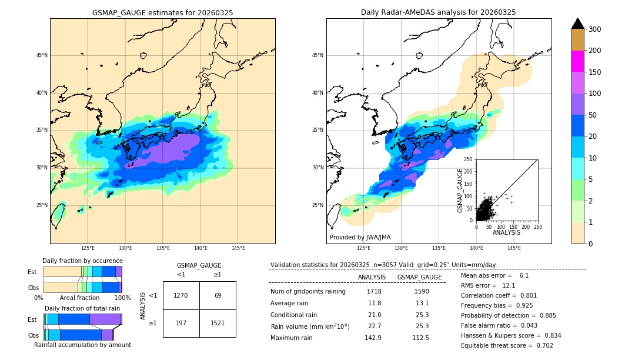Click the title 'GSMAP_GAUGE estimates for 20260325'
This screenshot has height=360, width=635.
pos(162,12)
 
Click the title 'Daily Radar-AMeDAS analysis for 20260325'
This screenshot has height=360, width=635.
pos(438,12)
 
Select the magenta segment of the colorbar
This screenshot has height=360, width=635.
pos(577,61)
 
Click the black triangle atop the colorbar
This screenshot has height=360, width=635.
pos(577,24)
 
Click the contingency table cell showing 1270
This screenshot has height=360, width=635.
pos(181,295)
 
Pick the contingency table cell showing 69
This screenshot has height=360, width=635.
pos(218,295)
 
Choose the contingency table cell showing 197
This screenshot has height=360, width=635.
pos(181,323)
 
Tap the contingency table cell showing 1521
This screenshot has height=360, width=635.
pos(218,323)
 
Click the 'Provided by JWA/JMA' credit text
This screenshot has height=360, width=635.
pos(360,238)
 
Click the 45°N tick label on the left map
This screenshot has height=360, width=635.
pos(42,55)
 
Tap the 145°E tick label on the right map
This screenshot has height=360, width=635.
pos(514,248)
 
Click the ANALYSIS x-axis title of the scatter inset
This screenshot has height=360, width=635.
pos(506,232)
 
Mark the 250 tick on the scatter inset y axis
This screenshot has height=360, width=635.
pos(469,159)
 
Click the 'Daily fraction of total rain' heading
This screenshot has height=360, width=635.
pos(82,308)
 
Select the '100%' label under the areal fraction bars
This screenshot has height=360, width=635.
pos(122,298)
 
